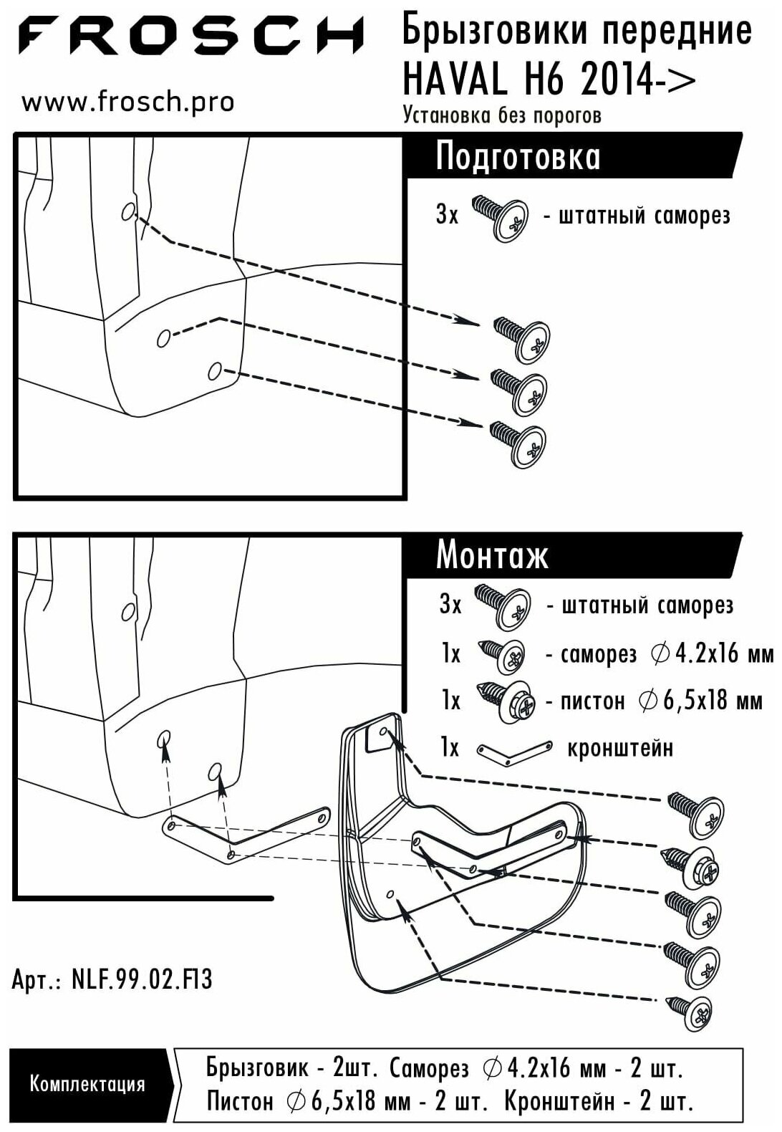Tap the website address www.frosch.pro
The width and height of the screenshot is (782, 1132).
click(127, 102)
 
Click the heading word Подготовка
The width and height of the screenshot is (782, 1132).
click(518, 156)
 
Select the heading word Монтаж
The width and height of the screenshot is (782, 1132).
click(492, 555)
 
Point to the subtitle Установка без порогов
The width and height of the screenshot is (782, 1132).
click(502, 115)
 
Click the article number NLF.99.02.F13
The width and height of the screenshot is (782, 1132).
click(142, 979)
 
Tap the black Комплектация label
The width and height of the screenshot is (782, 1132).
click(87, 1084)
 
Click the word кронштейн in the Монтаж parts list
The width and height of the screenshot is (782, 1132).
click(620, 748)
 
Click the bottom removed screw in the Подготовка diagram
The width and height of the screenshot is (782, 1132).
click(518, 443)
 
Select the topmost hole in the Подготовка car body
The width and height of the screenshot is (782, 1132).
click(128, 212)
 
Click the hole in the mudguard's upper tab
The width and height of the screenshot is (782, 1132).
click(383, 732)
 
